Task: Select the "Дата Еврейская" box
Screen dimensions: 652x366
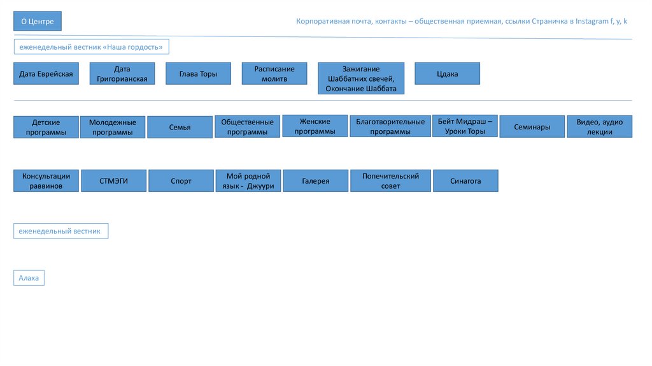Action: click(46, 74)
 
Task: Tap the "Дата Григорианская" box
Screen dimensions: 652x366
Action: click(122, 74)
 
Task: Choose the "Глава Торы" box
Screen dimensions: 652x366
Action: click(199, 74)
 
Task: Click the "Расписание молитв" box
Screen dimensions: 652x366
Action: click(274, 73)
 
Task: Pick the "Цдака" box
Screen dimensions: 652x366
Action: click(447, 74)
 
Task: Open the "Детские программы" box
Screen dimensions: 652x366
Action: click(46, 127)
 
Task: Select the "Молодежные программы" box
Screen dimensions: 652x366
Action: click(113, 127)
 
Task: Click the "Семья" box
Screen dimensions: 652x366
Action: click(180, 127)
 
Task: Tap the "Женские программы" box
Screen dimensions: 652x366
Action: click(315, 126)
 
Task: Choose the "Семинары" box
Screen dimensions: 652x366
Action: click(532, 127)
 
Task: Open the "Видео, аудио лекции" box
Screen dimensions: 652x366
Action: click(600, 127)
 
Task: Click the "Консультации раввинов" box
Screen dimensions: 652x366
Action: click(46, 180)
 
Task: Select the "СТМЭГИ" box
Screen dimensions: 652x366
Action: click(114, 181)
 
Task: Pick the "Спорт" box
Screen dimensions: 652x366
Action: click(181, 181)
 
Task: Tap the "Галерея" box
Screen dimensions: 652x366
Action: click(315, 181)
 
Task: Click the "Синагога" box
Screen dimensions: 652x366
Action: click(465, 181)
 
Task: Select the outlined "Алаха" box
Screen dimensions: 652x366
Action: click(29, 278)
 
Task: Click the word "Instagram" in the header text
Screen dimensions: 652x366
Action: click(592, 22)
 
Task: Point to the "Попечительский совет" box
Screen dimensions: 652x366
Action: click(390, 181)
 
